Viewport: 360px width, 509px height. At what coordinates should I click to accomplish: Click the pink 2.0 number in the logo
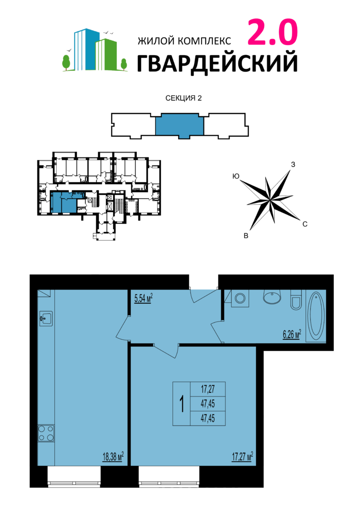click(273, 32)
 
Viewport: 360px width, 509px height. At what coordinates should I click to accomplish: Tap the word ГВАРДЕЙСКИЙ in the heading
click(217, 64)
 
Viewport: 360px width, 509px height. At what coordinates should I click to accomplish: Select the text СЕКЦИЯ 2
click(183, 98)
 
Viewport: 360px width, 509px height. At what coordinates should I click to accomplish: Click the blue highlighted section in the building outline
click(180, 126)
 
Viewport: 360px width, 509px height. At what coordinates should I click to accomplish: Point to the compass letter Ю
click(236, 176)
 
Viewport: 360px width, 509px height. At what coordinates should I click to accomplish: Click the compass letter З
click(293, 165)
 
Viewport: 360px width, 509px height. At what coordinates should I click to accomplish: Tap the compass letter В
click(246, 236)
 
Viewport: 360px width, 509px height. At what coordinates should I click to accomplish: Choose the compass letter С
click(305, 225)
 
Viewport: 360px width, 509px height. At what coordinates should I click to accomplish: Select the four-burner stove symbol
click(46, 434)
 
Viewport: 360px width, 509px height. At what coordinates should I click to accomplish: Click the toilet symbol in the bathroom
click(296, 299)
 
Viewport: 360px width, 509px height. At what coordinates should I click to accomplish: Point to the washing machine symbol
click(240, 299)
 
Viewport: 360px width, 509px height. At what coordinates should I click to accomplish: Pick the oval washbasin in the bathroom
click(272, 297)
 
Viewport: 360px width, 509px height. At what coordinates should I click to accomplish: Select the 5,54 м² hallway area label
click(143, 299)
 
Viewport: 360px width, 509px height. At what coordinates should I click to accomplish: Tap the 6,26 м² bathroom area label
click(292, 334)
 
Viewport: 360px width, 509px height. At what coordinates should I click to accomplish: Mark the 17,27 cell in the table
click(208, 389)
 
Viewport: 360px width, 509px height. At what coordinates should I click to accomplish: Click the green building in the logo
click(106, 54)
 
